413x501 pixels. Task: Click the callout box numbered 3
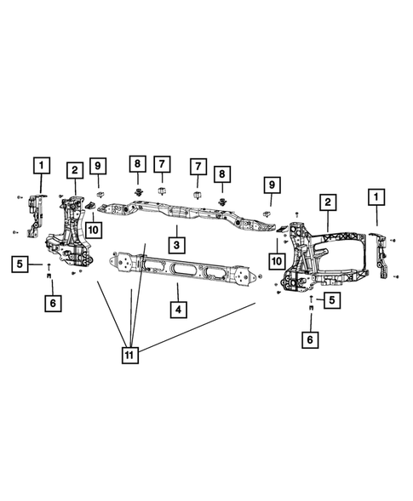coord(175,245)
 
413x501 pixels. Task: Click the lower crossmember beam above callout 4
coord(183,270)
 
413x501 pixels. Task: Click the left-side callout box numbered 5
coord(22,265)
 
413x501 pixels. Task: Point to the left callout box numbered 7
coord(161,164)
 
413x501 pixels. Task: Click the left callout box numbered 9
coord(98,164)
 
